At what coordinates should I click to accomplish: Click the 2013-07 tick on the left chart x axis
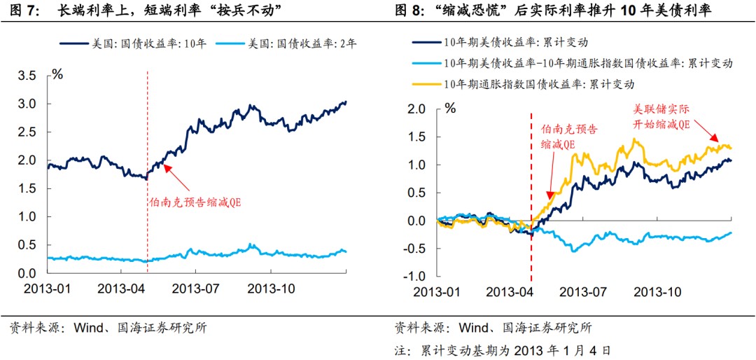pyautogui.click(x=197, y=288)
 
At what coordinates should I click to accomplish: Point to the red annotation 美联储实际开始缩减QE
pyautogui.click(x=661, y=117)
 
